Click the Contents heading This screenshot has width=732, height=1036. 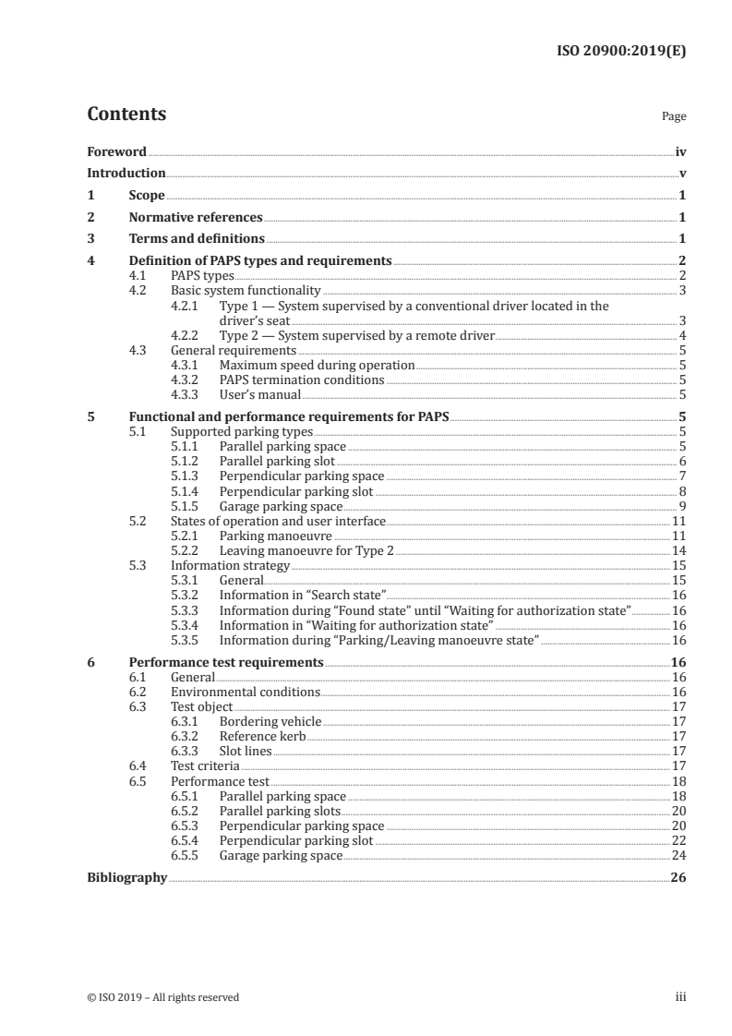point(126,114)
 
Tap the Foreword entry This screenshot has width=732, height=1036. point(116,151)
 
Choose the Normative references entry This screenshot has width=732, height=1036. point(196,218)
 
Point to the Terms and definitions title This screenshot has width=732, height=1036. point(197,240)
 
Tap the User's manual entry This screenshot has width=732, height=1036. point(259,395)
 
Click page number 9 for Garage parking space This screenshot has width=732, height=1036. point(681,506)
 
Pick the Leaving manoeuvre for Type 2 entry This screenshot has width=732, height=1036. point(306,551)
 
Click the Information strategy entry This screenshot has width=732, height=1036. point(230,566)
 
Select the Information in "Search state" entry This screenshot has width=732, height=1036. point(302,596)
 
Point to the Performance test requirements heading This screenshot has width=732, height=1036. point(225,662)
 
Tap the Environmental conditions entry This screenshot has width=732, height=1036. point(246,692)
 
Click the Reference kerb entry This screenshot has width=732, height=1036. point(261,737)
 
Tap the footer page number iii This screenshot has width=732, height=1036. point(679,997)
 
